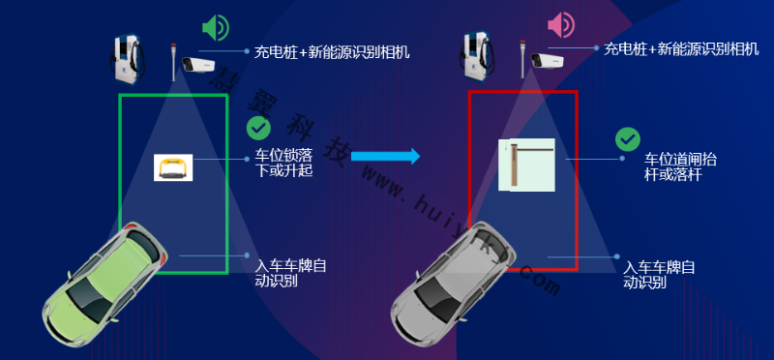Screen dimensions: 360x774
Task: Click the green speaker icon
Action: tap(215, 27)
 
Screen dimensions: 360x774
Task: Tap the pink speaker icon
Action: tap(561, 25)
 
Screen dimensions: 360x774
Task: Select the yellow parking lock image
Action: tap(174, 167)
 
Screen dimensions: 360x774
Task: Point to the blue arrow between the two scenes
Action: tap(384, 156)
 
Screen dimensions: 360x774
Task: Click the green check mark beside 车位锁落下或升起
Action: tap(258, 127)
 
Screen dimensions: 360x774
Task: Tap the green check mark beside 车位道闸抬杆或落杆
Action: tap(627, 139)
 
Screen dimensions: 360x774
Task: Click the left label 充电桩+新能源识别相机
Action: tap(331, 51)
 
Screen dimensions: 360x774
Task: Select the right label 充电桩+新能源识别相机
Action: tap(681, 48)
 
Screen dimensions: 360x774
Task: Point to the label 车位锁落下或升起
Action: tap(283, 163)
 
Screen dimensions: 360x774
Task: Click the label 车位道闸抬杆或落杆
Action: tap(680, 165)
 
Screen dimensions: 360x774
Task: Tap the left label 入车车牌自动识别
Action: tap(290, 272)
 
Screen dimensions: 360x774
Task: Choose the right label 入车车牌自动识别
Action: tap(658, 275)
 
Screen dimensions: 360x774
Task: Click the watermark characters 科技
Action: tap(318, 141)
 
